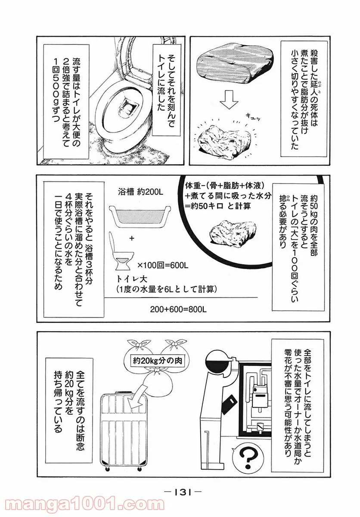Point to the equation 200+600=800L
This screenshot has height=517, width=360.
178,309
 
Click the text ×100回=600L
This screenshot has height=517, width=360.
163,266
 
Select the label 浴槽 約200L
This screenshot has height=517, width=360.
140,192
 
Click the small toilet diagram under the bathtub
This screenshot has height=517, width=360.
121,251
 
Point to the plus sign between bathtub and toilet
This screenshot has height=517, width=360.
132,239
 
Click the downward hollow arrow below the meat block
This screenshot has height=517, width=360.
229,102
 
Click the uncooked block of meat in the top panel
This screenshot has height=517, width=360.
235,64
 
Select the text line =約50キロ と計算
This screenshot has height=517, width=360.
218,206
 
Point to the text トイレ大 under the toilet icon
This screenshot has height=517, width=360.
132,279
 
